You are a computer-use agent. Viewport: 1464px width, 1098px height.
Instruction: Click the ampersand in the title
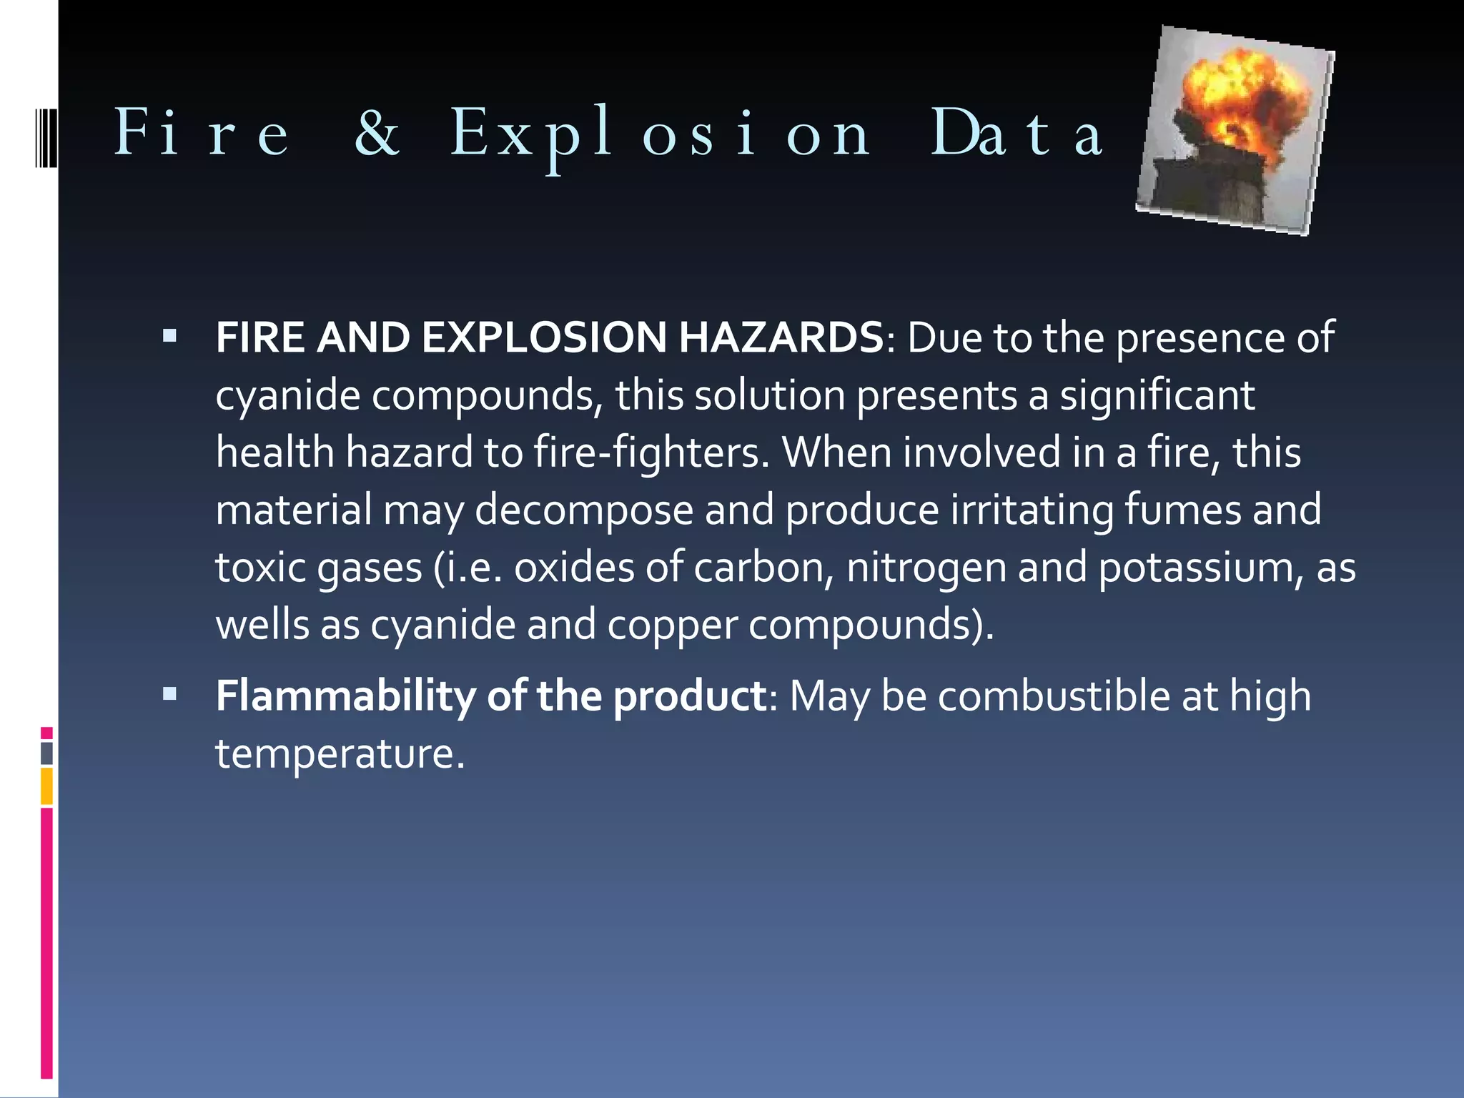[377, 133]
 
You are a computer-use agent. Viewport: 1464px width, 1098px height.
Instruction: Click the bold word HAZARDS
[781, 337]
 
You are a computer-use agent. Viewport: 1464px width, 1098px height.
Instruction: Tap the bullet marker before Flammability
[169, 693]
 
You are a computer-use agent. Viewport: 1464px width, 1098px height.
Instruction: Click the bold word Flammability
[345, 696]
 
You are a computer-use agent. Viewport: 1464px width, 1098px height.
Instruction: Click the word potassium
[1200, 568]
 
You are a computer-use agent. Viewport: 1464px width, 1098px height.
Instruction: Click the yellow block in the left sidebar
[46, 786]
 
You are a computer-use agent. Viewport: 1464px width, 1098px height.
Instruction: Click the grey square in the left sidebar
[46, 753]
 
